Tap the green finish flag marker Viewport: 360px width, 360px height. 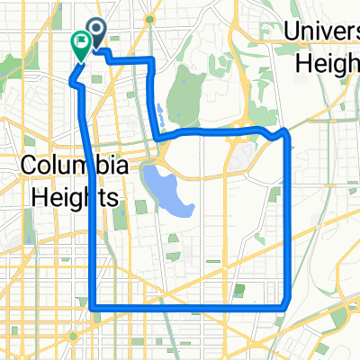pos(80,42)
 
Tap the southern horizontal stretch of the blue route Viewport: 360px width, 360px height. pos(189,307)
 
